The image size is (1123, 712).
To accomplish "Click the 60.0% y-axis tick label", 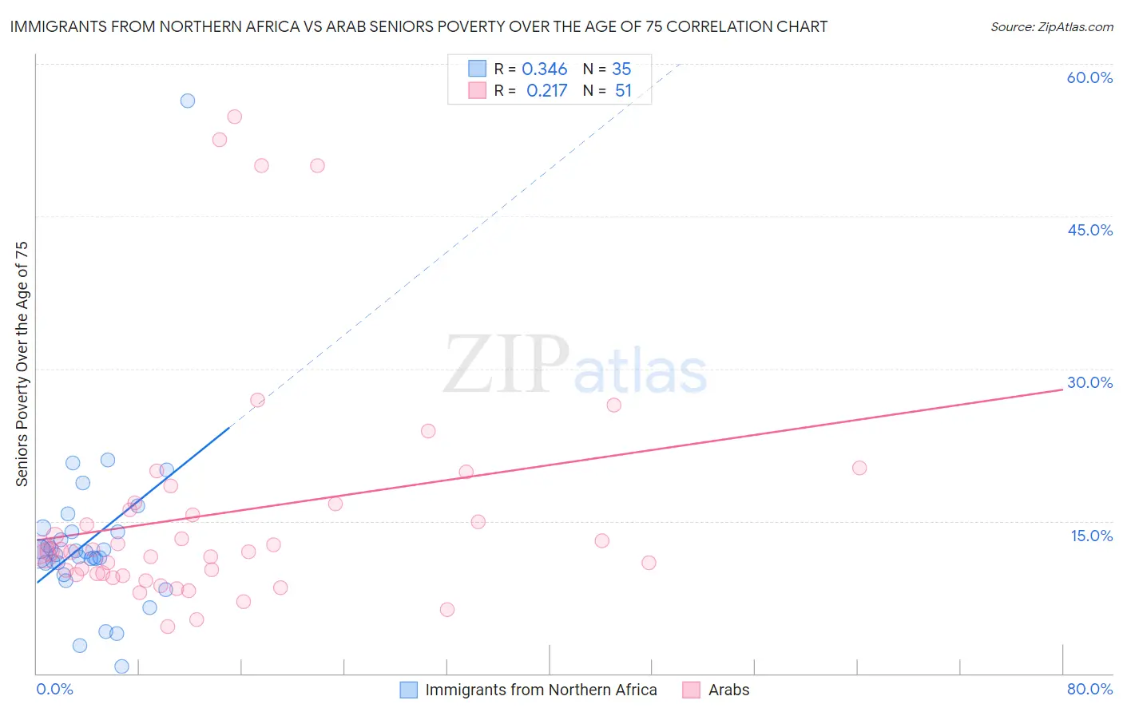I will pos(1089,77).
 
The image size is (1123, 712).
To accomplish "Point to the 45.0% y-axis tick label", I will pos(1089,230).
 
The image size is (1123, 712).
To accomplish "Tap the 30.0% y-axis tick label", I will pos(1089,382).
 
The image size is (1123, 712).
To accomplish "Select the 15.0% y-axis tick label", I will pos(1091,536).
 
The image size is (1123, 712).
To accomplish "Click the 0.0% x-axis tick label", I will pos(54,689).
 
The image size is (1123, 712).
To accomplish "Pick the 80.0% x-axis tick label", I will pos(1089,689).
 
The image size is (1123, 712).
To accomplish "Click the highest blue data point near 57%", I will pos(188,101).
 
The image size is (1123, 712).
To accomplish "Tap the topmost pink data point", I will pos(234,117).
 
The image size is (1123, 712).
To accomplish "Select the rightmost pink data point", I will pos(859,468).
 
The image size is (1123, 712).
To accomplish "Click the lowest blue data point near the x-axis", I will pos(121,667).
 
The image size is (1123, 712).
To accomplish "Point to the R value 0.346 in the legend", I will pos(544,69).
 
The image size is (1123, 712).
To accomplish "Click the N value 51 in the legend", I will pos(623,91).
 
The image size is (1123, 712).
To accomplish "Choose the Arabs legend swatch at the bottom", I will pos(691,690).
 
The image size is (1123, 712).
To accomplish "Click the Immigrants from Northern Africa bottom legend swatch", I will pos(408,690).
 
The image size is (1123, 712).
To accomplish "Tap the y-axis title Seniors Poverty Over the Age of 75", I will pos(22,363).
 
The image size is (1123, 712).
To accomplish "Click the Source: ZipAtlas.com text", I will pos(1051,27).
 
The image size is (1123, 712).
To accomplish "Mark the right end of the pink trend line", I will pos(1063,389).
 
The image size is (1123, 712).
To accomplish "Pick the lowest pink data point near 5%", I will pos(168,627).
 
